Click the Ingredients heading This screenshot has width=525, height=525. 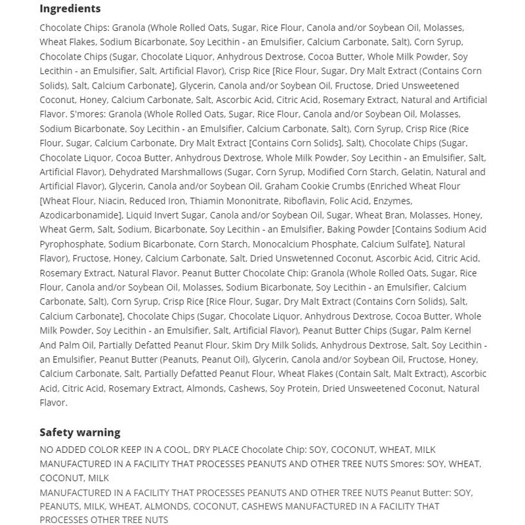click(70, 9)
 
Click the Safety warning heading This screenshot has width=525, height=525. click(79, 432)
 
